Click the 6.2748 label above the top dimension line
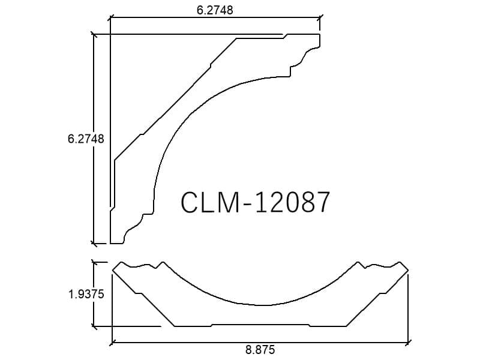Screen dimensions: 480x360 click(x=215, y=10)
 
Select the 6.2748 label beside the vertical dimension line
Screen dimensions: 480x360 click(x=86, y=139)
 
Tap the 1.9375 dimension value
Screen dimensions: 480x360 click(x=86, y=294)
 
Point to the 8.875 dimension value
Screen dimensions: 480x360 click(x=260, y=349)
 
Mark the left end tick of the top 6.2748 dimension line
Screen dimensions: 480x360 click(x=110, y=18)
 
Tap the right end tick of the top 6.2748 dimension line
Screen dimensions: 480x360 click(x=320, y=18)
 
